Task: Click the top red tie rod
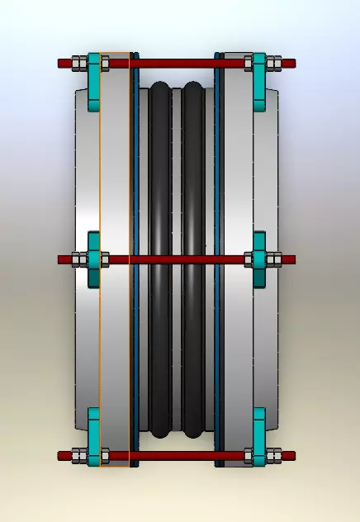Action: tap(178, 63)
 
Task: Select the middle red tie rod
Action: tap(178, 259)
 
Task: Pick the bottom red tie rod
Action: tap(178, 455)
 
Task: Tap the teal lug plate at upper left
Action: tap(93, 81)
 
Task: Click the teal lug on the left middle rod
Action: tap(93, 259)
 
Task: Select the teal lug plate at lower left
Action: tap(93, 436)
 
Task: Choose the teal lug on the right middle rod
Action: tap(259, 259)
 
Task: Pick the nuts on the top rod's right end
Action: tap(275, 63)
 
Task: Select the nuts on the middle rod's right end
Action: tap(275, 259)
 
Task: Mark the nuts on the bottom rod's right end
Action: tap(275, 455)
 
